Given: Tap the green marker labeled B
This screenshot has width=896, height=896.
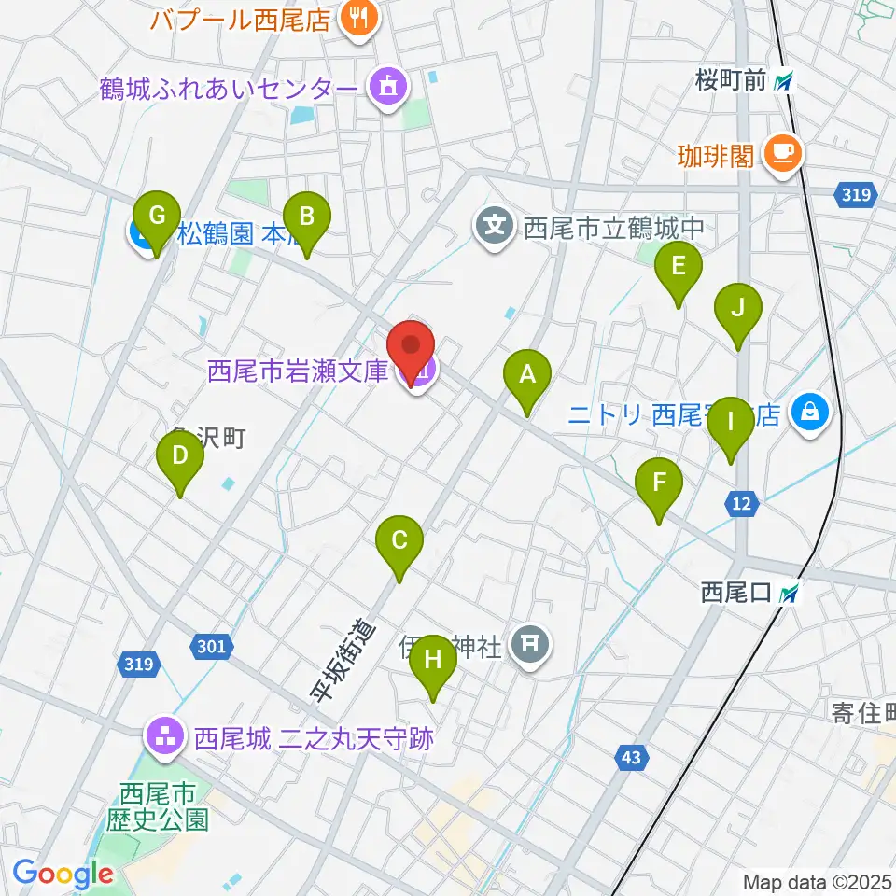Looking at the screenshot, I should point(306,217).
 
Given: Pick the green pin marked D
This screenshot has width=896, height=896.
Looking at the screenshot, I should point(180,455).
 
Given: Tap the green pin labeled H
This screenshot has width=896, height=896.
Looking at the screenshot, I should point(433,660).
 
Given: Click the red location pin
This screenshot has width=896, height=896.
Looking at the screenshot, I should point(412,346).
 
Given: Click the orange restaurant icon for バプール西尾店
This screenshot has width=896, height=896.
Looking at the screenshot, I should point(356,17).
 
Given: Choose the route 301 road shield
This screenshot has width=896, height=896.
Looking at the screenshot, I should point(211,644).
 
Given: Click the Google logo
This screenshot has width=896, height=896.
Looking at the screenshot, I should point(63,875).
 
